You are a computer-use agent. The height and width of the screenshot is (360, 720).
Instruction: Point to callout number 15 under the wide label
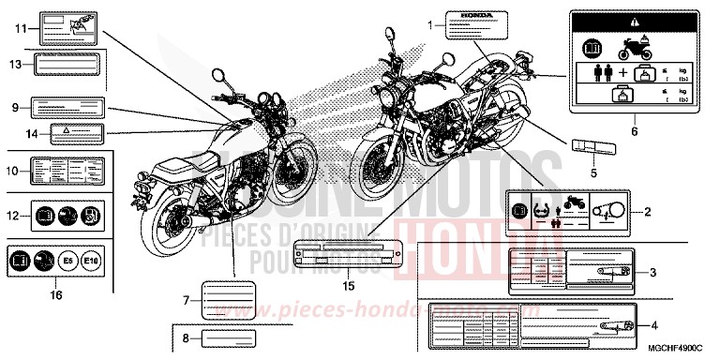[x=348, y=284]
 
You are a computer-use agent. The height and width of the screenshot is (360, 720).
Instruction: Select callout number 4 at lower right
[x=653, y=324]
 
